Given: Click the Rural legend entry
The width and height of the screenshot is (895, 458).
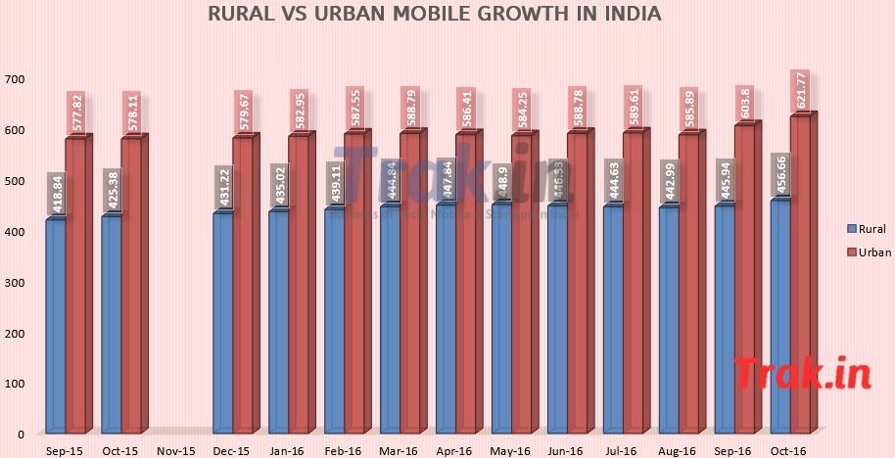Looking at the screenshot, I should pos(859,229).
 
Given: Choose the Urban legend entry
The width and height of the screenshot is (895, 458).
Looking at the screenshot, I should pos(860,253).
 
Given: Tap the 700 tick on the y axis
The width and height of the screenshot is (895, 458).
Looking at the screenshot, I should pos(15,79).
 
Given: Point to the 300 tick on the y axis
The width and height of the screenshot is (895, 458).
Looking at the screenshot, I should pos(15,282).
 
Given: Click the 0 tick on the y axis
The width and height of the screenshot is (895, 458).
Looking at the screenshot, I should pos(20,434).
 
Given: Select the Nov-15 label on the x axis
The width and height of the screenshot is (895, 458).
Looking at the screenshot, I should pos(177,450).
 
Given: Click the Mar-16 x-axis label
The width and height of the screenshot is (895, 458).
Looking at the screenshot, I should pos(400,450).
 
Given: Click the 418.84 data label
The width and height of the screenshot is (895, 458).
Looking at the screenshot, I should pos(56,194).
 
